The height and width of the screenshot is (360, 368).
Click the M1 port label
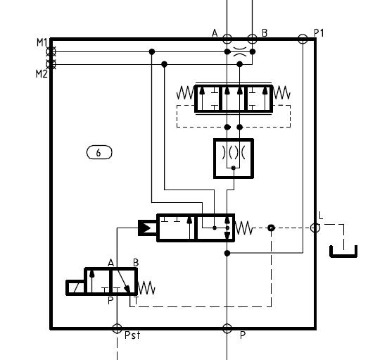pos(42,42)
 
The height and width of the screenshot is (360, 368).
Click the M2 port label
pos(42,74)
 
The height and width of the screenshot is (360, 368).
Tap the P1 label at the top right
pos(319,33)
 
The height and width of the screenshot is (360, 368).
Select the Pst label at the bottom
pos(132,335)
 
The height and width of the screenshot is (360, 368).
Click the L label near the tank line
pos(321,216)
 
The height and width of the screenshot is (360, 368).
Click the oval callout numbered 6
pos(99,152)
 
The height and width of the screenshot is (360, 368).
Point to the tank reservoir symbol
pos(343,252)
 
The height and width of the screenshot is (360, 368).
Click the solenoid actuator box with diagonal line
pos(75,287)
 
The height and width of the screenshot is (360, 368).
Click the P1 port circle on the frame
pos(303,39)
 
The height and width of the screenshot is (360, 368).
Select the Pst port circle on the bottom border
pos(117,328)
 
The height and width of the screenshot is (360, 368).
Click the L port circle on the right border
pos(315,228)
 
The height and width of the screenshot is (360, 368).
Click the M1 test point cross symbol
pos(51,51)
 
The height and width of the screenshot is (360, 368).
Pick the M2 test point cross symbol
pos(51,64)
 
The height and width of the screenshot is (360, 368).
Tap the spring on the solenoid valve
pos(146,288)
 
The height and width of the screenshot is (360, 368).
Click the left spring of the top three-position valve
pos(186,93)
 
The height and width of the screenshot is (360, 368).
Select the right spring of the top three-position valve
pos(281,92)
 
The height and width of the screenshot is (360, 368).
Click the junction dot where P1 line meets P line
pos(227,254)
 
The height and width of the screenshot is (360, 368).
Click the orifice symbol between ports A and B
pos(240,51)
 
